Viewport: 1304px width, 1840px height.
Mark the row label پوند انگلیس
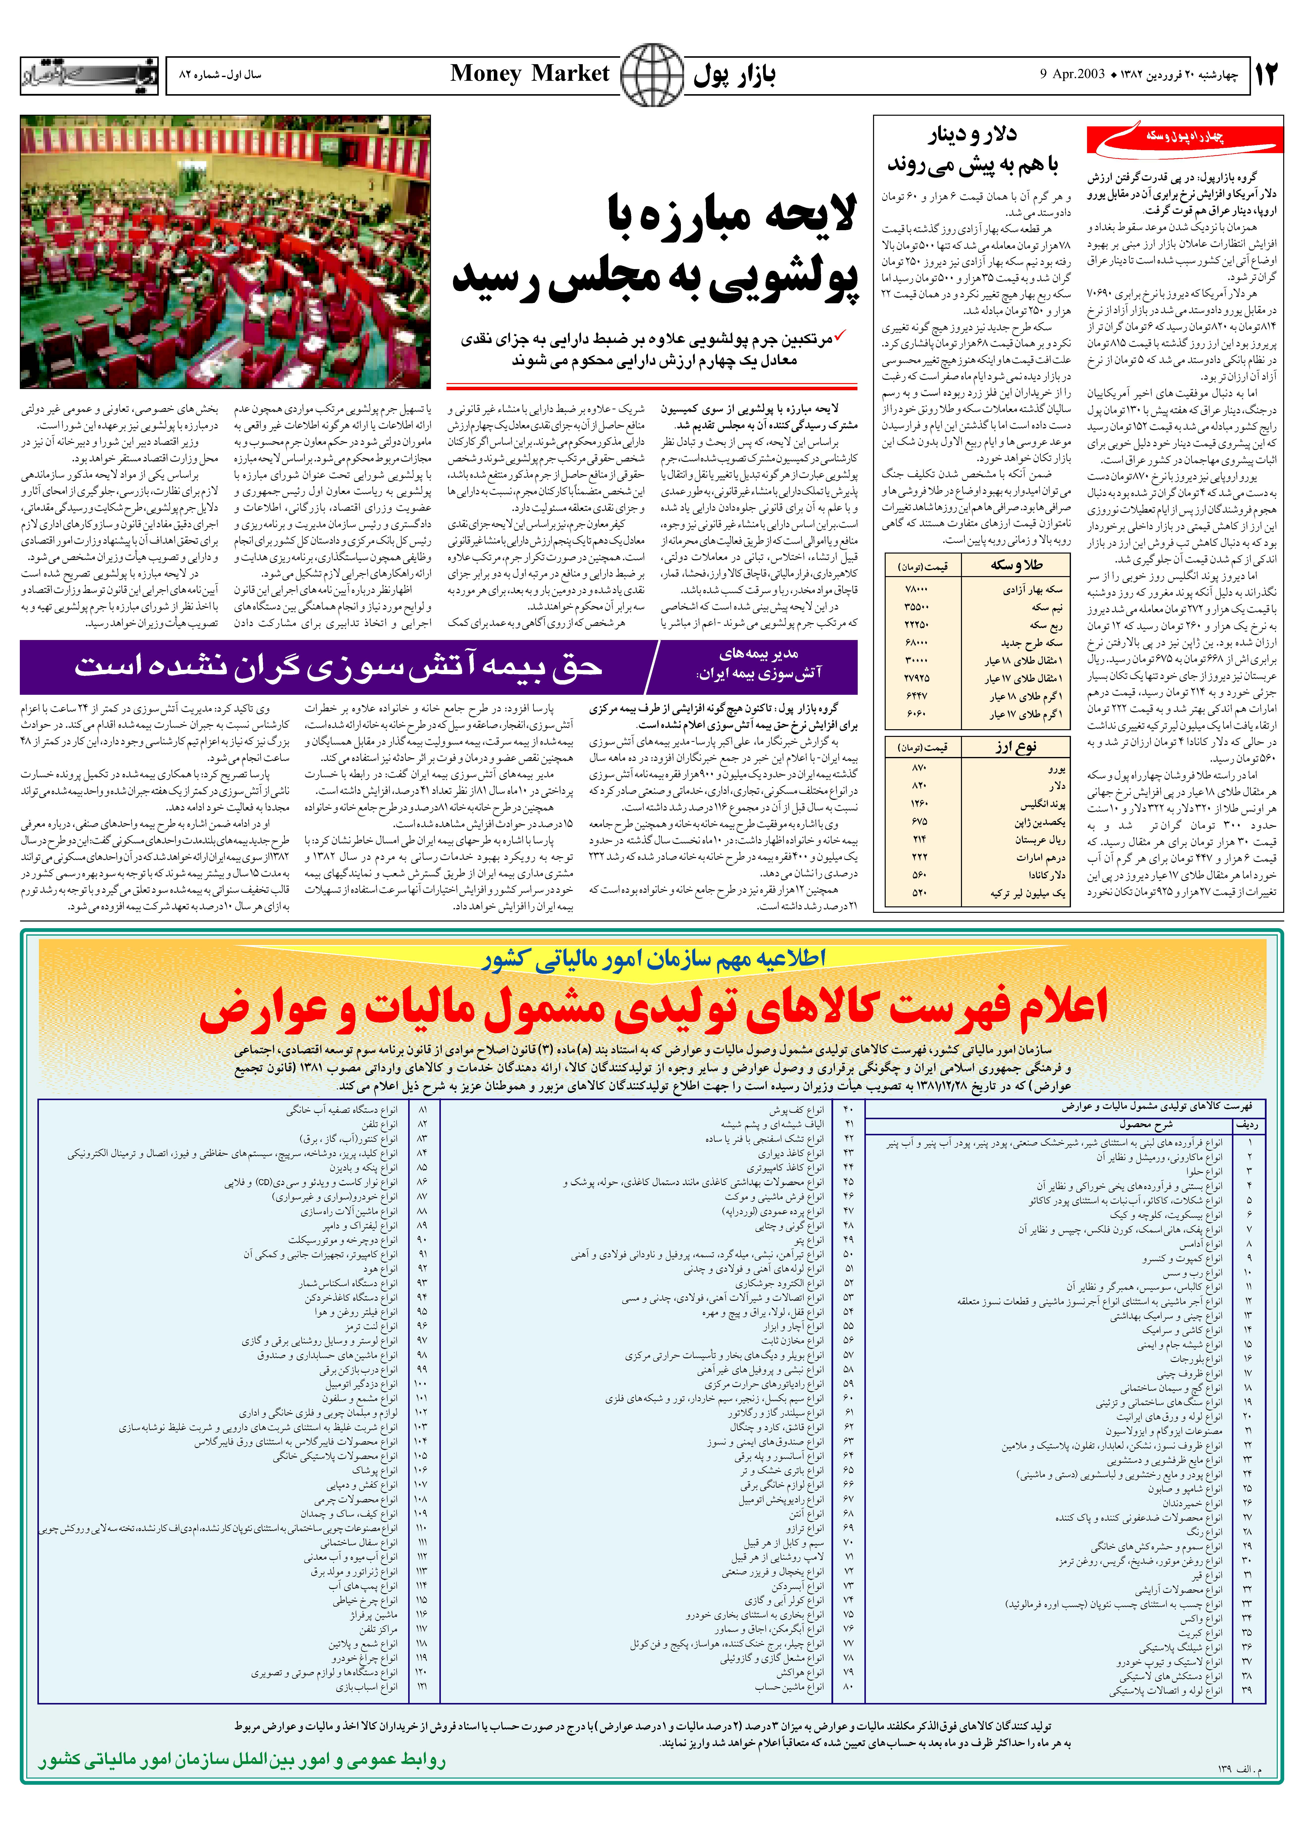(1042, 804)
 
